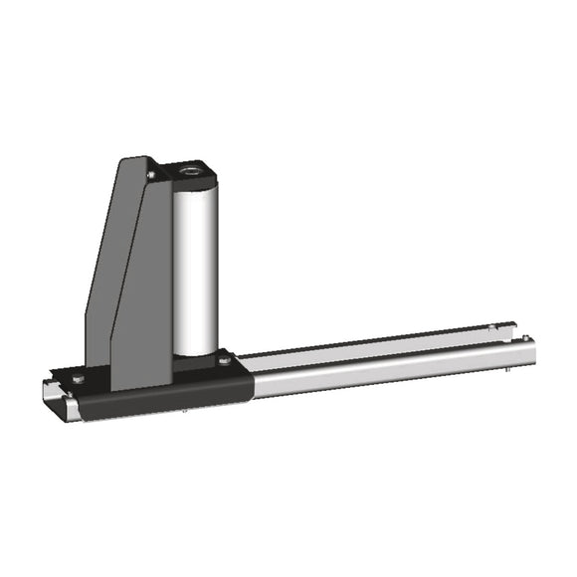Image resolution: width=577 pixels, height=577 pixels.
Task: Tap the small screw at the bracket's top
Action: tap(150, 176)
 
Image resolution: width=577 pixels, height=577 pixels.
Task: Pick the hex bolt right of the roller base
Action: tap(225, 360)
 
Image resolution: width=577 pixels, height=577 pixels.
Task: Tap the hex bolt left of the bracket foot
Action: tap(78, 379)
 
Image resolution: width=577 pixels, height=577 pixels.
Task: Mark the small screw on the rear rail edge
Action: tap(493, 327)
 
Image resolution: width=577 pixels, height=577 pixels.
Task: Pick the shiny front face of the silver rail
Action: tap(398, 367)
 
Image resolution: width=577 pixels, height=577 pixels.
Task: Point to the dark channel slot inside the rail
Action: tap(378, 347)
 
